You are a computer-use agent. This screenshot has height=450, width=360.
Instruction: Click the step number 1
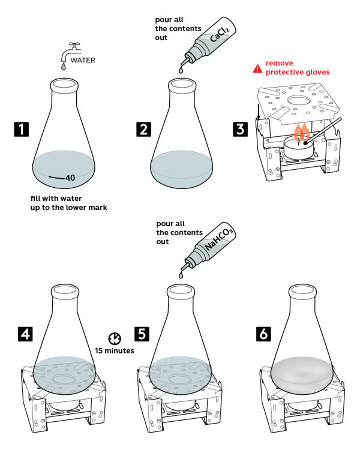[21, 129]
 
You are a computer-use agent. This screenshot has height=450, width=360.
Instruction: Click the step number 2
[143, 129]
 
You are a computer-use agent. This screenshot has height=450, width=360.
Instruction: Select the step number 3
[240, 129]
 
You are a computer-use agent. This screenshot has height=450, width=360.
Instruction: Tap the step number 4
[25, 334]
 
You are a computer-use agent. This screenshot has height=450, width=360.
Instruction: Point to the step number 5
[142, 334]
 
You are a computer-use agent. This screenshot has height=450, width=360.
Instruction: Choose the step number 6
[264, 334]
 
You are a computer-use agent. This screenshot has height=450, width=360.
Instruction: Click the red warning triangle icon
[257, 68]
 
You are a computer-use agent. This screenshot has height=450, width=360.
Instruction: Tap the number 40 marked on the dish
[70, 178]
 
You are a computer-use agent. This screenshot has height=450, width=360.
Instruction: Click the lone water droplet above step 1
[63, 67]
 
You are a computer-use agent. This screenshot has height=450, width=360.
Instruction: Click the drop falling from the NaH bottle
[181, 275]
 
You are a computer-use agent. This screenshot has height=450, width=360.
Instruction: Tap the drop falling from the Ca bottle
[180, 71]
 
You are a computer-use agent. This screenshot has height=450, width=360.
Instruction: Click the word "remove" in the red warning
[280, 63]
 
